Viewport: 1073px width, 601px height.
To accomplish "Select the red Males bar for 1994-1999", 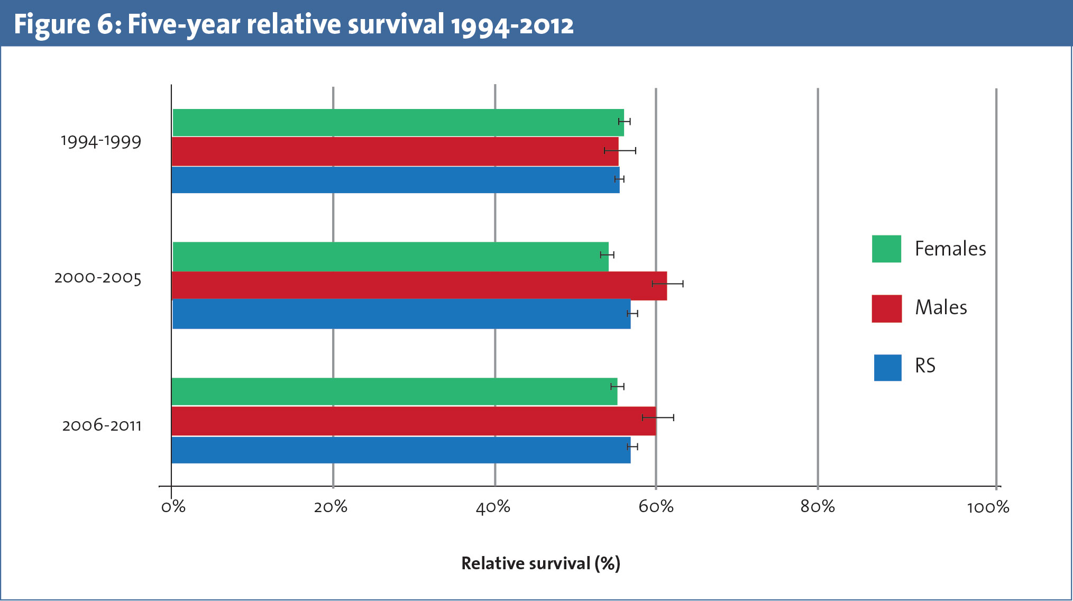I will click(x=395, y=151).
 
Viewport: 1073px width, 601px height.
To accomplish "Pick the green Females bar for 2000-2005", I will click(x=390, y=257).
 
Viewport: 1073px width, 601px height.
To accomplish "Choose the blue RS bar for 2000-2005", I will click(x=401, y=314).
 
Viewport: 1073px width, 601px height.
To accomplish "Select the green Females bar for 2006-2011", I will click(x=394, y=391).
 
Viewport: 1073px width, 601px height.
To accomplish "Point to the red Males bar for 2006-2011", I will click(x=413, y=421).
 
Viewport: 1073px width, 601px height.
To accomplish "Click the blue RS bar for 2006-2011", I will click(x=401, y=450).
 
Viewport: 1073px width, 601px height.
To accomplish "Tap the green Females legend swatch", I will click(x=886, y=249).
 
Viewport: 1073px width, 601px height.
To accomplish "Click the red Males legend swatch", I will click(x=886, y=308).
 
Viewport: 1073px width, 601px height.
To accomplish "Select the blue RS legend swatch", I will click(x=887, y=368).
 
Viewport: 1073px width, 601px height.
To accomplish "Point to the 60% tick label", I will click(x=656, y=507).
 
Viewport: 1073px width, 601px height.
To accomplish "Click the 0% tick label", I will click(x=173, y=507).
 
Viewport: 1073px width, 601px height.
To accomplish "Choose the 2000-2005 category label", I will click(x=98, y=278).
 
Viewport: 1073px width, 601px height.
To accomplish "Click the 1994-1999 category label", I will click(x=101, y=142).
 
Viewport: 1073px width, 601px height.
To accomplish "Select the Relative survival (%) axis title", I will click(x=540, y=563).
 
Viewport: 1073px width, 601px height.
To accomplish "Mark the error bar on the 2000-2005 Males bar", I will click(x=667, y=284).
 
